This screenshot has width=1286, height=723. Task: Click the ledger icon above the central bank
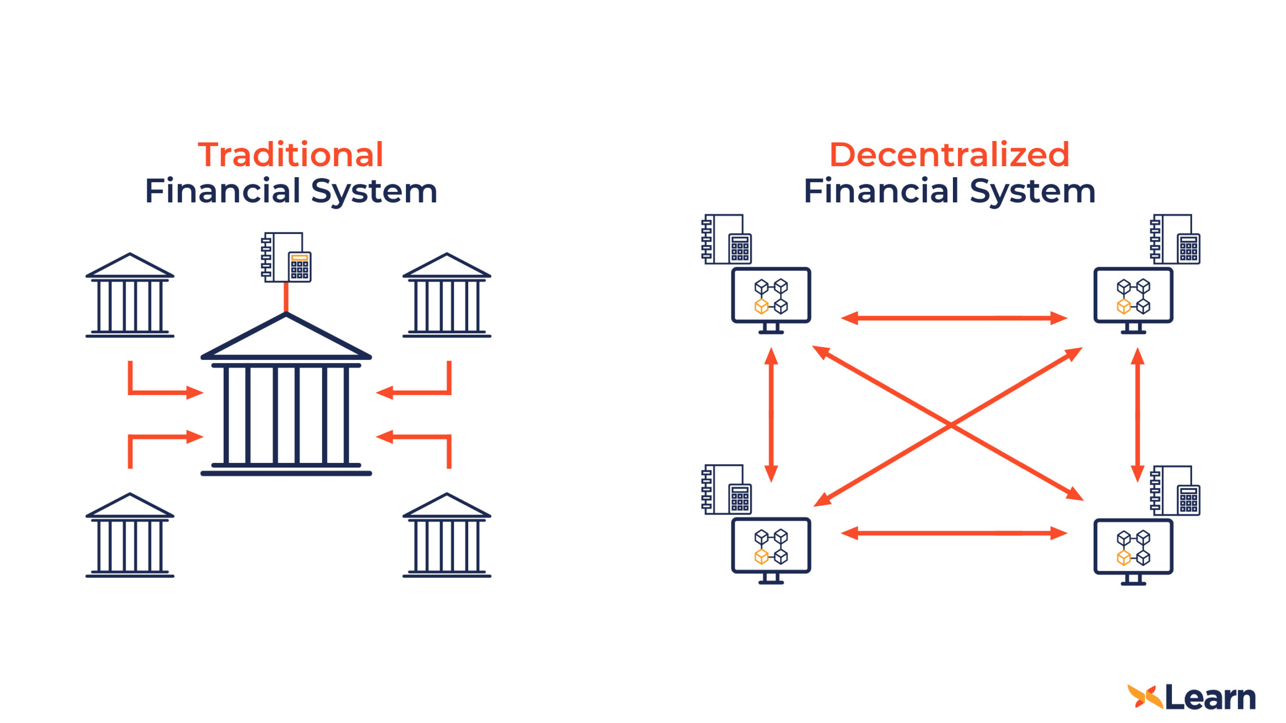286,257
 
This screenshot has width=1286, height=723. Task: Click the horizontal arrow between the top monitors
953,318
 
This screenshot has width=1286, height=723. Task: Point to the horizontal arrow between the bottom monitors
953,533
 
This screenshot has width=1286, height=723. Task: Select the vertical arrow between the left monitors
771,415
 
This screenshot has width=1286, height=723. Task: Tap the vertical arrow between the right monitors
1137,415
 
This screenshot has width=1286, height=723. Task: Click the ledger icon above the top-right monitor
1175,239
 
